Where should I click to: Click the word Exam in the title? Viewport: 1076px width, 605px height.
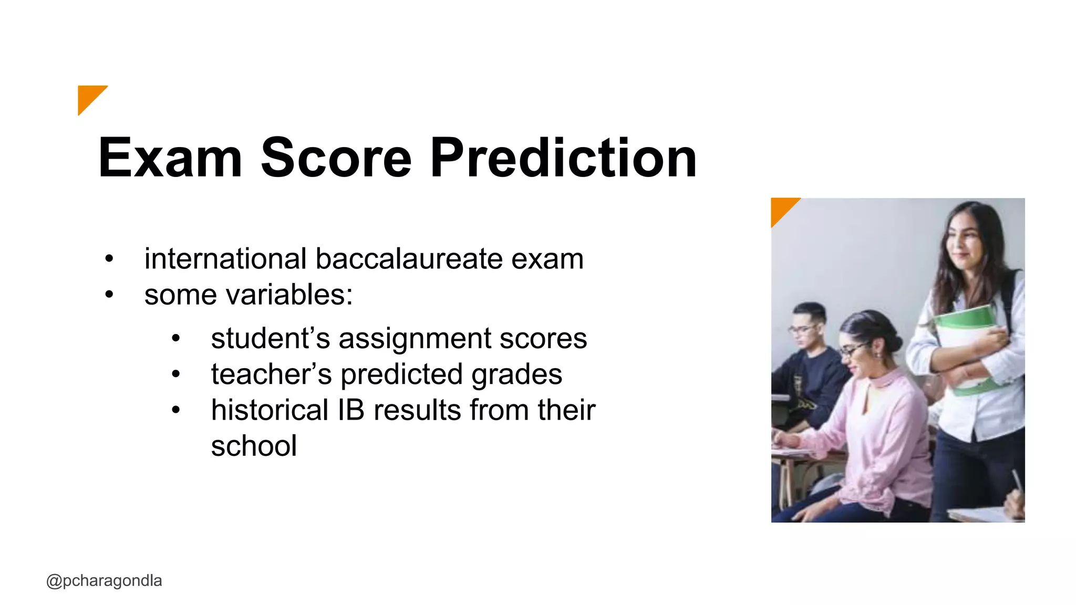tap(170, 158)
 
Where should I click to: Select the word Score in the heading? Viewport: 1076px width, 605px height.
tap(336, 158)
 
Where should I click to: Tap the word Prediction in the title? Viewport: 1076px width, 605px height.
tap(563, 158)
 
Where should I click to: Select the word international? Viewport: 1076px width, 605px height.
tap(225, 259)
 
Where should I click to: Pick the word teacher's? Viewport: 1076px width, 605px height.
tap(271, 374)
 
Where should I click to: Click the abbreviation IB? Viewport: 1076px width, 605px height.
tap(350, 410)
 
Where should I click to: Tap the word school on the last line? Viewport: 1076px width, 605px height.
tap(254, 446)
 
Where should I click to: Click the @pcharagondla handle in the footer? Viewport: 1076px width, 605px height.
tap(104, 581)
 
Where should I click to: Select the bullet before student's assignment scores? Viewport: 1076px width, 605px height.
tap(176, 339)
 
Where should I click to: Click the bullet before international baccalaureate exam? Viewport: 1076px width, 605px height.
tap(109, 259)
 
